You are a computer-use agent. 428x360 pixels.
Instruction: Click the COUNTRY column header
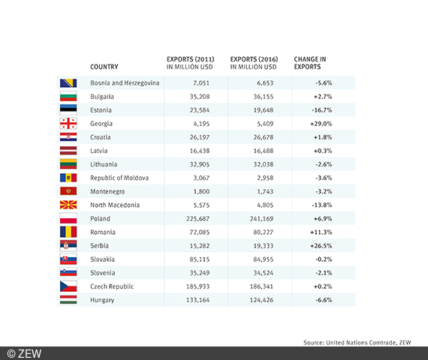[x=104, y=67]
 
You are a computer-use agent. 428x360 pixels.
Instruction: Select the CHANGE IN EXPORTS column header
[x=309, y=63]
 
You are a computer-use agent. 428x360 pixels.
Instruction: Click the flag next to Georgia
[x=68, y=124]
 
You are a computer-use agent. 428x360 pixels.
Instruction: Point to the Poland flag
[x=68, y=218]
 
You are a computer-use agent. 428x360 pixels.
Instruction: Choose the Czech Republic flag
[x=68, y=286]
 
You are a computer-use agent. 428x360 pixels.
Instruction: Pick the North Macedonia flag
[x=68, y=205]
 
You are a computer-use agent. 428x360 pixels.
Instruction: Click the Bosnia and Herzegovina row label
[x=125, y=83]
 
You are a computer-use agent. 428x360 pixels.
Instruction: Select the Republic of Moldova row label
[x=119, y=178]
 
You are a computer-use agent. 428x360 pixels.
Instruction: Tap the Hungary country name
[x=102, y=299]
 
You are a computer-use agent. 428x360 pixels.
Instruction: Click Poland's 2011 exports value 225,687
[x=195, y=218]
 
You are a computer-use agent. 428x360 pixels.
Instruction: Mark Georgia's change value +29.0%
[x=323, y=124]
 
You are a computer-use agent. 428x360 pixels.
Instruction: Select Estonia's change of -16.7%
[x=324, y=110]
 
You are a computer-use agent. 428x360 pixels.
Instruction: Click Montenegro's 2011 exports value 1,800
[x=200, y=191]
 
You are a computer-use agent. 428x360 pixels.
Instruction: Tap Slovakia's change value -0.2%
[x=324, y=259]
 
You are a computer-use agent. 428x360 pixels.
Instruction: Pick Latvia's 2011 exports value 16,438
[x=197, y=151]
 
